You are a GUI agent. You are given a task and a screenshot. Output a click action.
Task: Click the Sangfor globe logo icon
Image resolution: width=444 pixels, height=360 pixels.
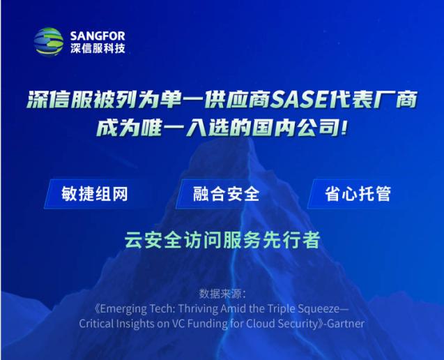pyautogui.click(x=48, y=42)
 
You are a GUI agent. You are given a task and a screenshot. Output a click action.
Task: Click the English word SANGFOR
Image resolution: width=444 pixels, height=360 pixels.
pyautogui.click(x=98, y=36)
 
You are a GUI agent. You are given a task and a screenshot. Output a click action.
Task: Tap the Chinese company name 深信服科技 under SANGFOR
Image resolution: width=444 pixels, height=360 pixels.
pyautogui.click(x=98, y=48)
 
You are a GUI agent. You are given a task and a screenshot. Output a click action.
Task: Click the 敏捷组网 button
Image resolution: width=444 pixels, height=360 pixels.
pyautogui.click(x=94, y=194)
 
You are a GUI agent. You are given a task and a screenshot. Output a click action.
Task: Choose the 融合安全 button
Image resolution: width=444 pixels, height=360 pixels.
pyautogui.click(x=226, y=194)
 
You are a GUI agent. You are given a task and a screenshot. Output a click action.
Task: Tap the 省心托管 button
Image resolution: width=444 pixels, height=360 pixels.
pyautogui.click(x=358, y=194)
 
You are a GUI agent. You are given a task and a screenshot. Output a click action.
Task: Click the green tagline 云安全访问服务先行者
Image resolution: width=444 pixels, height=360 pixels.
pyautogui.click(x=222, y=240)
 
